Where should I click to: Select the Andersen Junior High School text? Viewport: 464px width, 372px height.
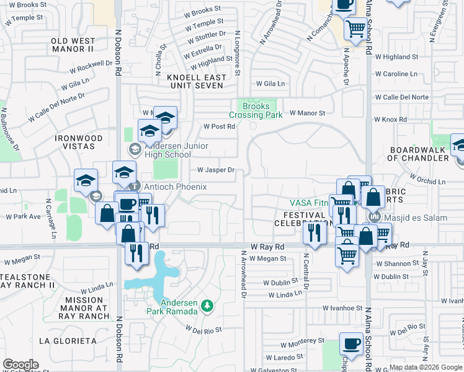tap(177, 151)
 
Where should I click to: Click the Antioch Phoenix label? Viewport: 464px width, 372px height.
tap(176, 187)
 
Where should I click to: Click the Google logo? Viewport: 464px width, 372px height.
tap(20, 365)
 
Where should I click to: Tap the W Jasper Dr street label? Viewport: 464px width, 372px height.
tap(216, 170)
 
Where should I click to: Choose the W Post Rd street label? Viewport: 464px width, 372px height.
tap(220, 126)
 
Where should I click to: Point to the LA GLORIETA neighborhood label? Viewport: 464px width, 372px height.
tap(67, 341)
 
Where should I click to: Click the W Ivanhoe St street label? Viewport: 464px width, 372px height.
tap(342, 308)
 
